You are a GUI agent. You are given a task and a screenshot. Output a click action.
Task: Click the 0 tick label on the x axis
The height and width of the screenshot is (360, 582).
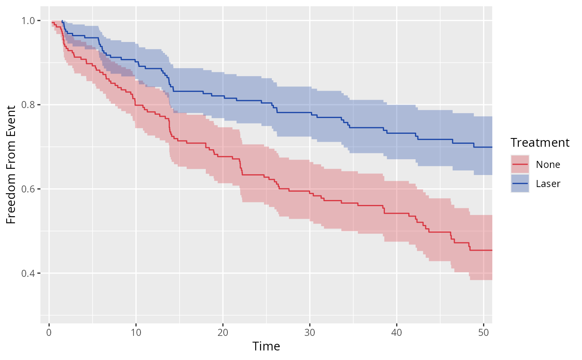(x=49, y=333)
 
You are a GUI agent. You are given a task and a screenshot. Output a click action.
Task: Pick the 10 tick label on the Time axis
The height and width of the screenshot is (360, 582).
(x=136, y=333)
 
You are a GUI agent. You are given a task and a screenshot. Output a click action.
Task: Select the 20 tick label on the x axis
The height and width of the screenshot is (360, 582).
(x=223, y=333)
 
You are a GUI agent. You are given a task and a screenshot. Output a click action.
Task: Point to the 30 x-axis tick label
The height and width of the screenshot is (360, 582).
(x=310, y=333)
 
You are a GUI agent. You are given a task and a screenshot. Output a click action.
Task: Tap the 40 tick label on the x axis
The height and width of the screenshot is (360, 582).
(x=397, y=333)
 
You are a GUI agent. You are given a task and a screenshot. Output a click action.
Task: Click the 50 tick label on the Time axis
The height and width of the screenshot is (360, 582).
(x=483, y=333)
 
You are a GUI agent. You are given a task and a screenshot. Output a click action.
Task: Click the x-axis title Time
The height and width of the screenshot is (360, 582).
(x=266, y=346)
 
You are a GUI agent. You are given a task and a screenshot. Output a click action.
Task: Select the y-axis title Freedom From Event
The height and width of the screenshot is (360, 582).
(x=12, y=164)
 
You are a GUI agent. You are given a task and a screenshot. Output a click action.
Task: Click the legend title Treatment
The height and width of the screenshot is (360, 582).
(x=540, y=143)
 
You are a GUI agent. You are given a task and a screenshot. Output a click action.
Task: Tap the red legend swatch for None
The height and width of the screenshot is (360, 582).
(x=520, y=164)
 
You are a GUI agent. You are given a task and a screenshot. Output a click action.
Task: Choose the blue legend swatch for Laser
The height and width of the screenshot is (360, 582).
(x=520, y=183)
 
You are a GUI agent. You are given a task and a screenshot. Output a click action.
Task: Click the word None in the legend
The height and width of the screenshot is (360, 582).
(x=548, y=164)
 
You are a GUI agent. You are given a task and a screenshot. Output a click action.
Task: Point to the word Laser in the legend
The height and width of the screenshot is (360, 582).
(x=548, y=183)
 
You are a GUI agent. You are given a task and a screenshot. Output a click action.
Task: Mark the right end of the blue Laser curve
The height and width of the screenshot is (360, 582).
(x=492, y=147)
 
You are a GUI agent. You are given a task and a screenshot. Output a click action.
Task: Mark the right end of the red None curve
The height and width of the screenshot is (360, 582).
(x=492, y=250)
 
